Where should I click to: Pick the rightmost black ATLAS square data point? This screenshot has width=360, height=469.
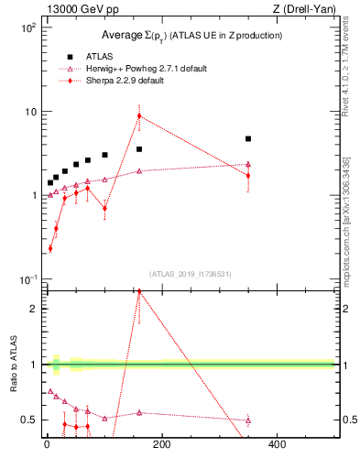pos(248,139)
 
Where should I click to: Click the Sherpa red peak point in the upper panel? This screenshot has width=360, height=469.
pos(139,115)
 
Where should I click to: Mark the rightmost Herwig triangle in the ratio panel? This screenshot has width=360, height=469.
pos(248,420)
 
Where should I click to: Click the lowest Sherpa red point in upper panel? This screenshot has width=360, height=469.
pos(50,248)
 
